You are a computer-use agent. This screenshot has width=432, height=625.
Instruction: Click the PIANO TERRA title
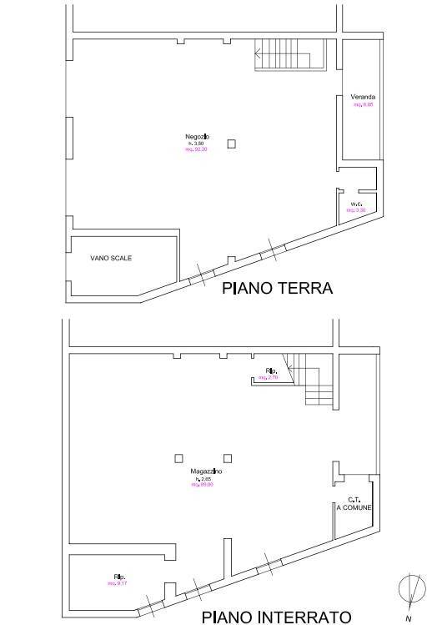277,289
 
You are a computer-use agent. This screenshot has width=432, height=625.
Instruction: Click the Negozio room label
197,136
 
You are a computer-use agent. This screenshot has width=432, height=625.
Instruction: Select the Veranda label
363,98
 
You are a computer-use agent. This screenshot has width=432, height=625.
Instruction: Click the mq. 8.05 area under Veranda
363,105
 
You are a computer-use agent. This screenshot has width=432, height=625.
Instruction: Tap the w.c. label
356,204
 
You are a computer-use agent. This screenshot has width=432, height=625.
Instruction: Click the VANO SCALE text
111,258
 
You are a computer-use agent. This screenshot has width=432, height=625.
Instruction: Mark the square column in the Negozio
232,144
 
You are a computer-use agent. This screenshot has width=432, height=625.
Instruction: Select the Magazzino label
206,471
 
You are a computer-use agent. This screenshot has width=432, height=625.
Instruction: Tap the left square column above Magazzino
178,457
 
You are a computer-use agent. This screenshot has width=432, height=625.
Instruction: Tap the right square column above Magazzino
228,457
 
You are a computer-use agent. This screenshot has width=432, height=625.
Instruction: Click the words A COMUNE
354,507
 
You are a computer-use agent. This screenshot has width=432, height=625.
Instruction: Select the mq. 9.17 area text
117,583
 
